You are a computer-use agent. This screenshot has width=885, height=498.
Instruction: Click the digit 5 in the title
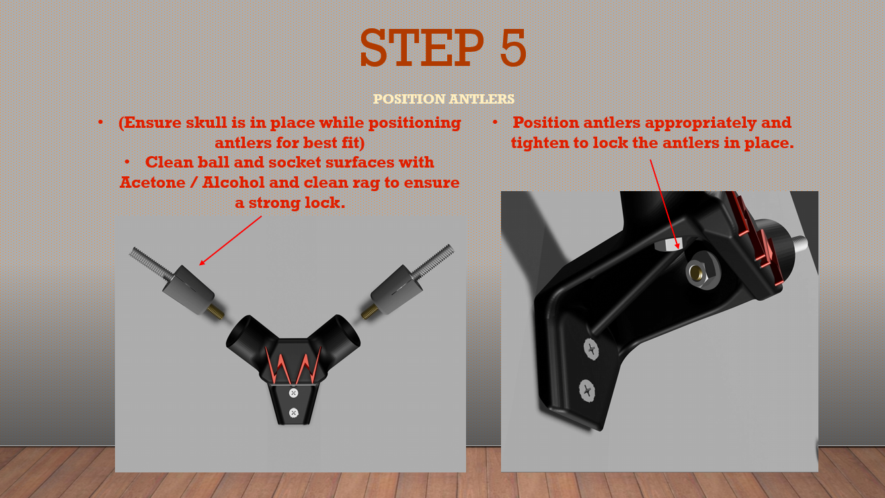tap(512, 47)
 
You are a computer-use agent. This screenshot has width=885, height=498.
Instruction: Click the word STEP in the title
tap(422, 47)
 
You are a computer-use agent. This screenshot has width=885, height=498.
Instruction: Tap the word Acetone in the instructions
tap(153, 182)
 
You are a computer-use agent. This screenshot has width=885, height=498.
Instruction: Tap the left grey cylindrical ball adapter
tap(188, 289)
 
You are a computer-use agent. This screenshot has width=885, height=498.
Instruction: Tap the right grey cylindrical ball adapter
tap(396, 289)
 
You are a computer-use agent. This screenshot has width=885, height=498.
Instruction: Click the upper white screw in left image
tap(294, 393)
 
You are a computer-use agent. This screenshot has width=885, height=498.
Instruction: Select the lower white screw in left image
tap(294, 413)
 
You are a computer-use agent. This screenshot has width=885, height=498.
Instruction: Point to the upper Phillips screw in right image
tap(591, 349)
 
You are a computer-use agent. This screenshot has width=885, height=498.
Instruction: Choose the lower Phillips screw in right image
tap(587, 390)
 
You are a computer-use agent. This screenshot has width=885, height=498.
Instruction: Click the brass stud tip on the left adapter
tap(216, 312)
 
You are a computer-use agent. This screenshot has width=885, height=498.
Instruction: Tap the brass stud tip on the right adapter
tap(369, 312)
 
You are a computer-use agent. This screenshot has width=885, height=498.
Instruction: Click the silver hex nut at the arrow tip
tap(668, 244)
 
